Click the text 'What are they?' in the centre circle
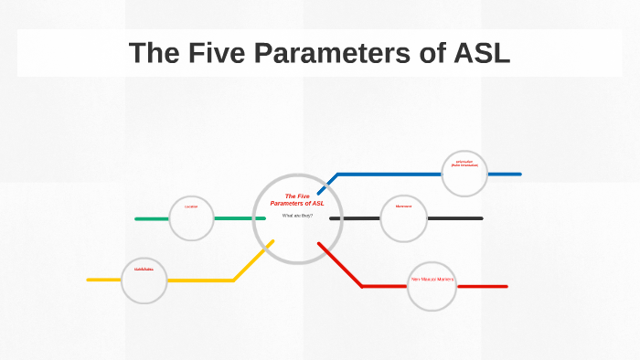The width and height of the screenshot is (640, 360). click(x=297, y=216)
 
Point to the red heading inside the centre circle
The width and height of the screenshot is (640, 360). click(x=297, y=199)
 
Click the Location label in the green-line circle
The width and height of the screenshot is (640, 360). click(x=191, y=207)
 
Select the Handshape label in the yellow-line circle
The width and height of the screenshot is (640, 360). click(x=144, y=270)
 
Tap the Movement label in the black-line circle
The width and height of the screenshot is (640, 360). click(x=403, y=206)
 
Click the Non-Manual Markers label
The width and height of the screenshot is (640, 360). click(x=432, y=279)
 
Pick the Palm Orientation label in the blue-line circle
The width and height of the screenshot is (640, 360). click(x=464, y=164)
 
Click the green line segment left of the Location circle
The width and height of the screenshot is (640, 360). click(x=152, y=218)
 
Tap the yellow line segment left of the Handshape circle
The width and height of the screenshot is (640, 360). click(x=104, y=280)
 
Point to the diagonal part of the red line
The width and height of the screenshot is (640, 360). click(x=340, y=265)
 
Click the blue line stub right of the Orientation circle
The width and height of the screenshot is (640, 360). click(x=504, y=174)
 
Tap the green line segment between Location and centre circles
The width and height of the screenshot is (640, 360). click(x=233, y=218)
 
